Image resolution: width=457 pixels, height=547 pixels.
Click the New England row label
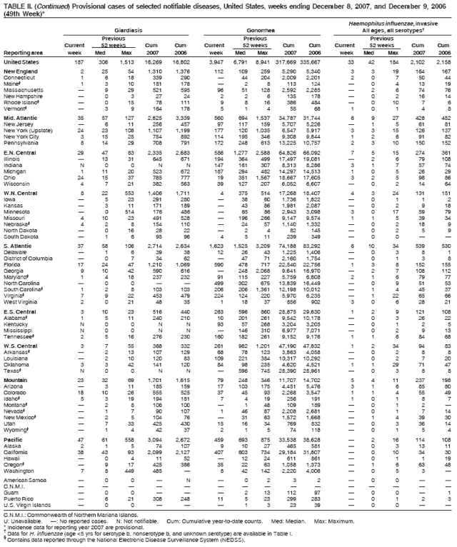tap(20, 72)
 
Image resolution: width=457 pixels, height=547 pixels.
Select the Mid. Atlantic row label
tap(20, 116)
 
